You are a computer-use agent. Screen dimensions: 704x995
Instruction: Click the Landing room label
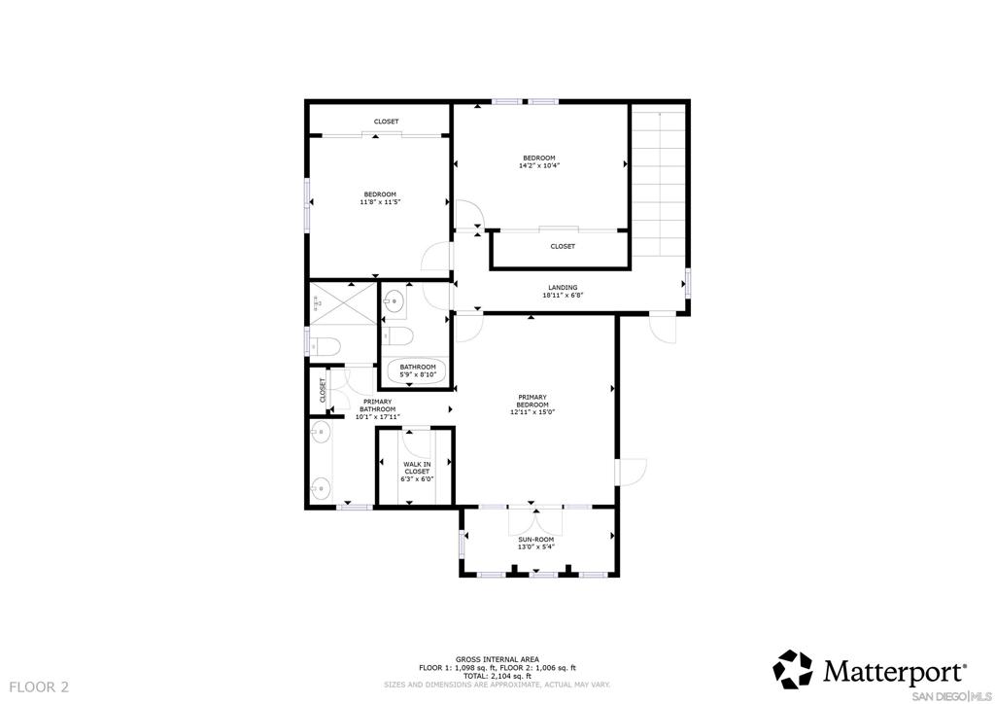563,287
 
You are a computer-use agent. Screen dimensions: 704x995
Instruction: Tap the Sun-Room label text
535,539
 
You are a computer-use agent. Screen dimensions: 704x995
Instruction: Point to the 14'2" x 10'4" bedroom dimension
539,165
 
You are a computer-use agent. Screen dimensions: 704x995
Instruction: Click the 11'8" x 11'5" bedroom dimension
380,202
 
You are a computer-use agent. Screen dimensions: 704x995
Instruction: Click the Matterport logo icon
792,669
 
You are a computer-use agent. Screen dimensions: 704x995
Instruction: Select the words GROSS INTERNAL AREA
497,659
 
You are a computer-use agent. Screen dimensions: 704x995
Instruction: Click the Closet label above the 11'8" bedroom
386,122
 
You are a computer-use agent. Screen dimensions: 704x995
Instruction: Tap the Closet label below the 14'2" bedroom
563,246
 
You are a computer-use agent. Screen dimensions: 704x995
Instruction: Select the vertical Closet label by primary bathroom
323,390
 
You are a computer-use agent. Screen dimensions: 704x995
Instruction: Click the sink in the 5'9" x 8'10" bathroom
395,301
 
